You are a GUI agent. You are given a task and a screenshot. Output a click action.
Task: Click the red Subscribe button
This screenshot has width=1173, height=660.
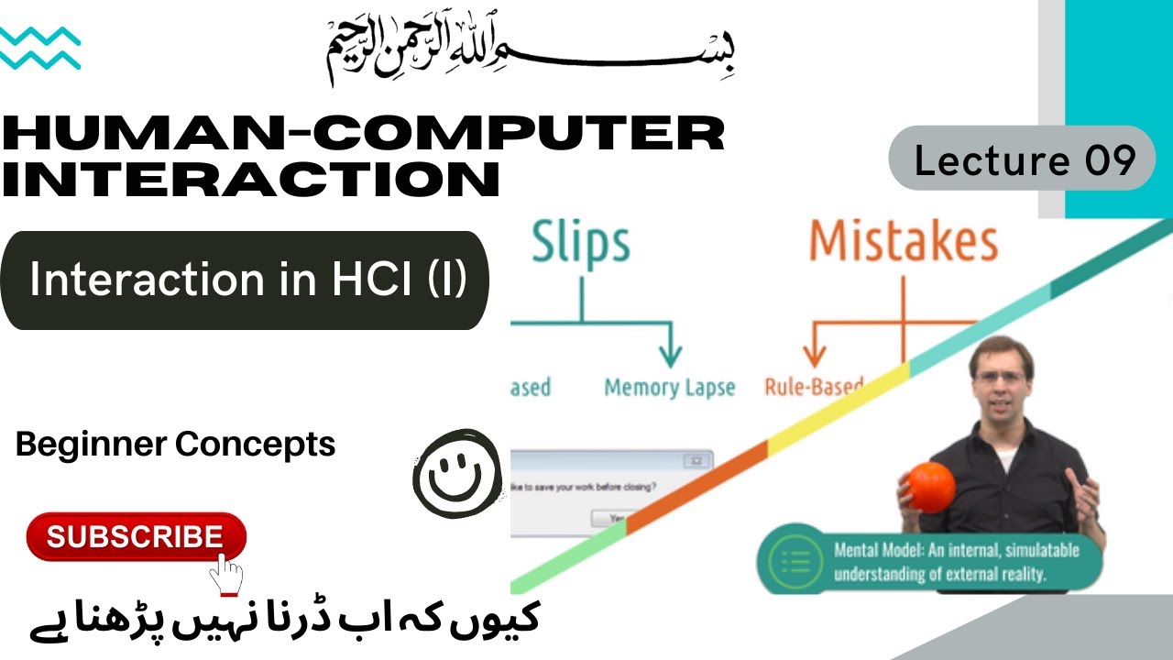(x=136, y=537)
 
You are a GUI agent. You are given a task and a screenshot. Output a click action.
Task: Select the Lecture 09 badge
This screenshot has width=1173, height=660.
(x=1023, y=159)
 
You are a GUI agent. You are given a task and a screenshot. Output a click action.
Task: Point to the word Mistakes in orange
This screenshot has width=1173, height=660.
(x=903, y=242)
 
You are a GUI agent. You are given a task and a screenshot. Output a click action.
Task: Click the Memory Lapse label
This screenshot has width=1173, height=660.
(x=669, y=388)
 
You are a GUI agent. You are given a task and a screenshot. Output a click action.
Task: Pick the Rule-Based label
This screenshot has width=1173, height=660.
(x=814, y=387)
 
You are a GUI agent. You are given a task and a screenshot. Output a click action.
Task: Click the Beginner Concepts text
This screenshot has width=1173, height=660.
(x=176, y=445)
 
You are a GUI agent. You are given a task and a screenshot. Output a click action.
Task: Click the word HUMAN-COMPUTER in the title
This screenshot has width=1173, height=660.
(x=363, y=135)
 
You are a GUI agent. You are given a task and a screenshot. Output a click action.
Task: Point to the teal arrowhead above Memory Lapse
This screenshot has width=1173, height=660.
(x=671, y=357)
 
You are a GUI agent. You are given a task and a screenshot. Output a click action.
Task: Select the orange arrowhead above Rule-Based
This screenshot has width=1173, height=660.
(x=814, y=357)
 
